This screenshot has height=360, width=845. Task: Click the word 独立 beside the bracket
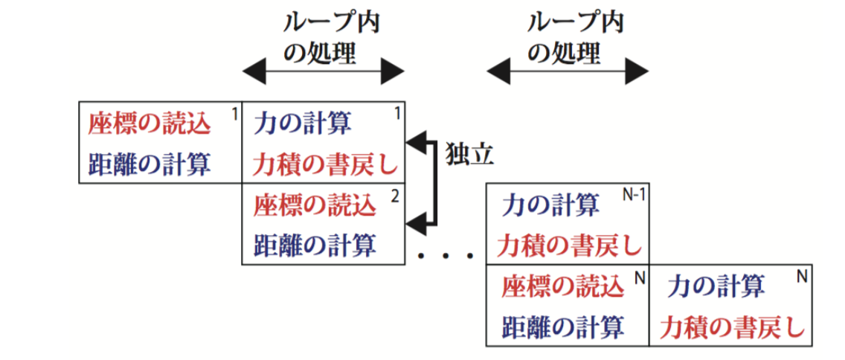coord(469,154)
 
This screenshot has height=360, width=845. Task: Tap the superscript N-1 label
coord(632,194)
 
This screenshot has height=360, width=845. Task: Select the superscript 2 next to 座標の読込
coord(394,196)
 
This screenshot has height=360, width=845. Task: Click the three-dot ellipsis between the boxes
coord(446,256)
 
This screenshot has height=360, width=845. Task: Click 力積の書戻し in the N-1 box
coord(569,243)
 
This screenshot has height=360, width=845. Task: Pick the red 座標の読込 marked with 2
coord(315,205)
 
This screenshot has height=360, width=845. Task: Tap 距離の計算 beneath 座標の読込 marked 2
coord(315,244)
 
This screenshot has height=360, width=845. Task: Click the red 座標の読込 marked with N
coord(562,286)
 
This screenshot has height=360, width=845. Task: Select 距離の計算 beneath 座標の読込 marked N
coord(562,325)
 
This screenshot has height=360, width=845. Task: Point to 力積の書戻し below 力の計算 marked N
coord(732,325)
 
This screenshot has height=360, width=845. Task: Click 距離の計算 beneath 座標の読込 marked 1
coord(150,163)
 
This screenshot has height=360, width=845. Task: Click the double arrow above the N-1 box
coord(567,72)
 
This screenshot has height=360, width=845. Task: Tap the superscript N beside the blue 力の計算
coord(801,276)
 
